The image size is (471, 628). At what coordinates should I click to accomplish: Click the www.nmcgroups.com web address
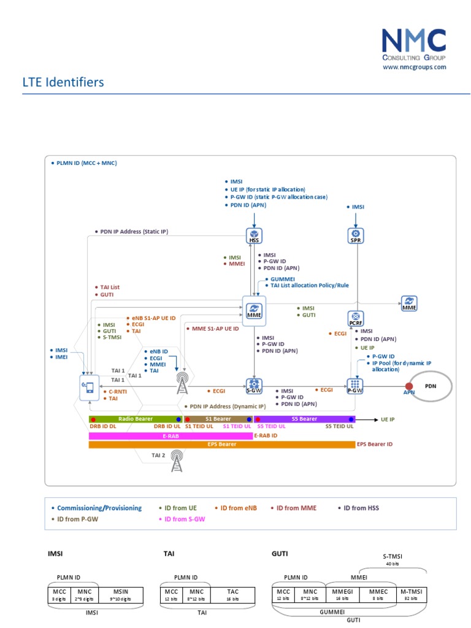[x=414, y=67]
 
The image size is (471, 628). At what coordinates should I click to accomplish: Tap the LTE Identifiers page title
[x=64, y=82]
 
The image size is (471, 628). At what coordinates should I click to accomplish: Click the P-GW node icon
[x=355, y=386]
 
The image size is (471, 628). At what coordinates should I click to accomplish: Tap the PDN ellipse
[x=431, y=386]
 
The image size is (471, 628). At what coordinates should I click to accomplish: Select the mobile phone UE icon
[x=89, y=387]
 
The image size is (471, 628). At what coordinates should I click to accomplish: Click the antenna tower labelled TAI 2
[x=177, y=461]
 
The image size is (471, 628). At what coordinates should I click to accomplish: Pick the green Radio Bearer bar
[x=135, y=419]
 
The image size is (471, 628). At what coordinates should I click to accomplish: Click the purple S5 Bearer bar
[x=304, y=419]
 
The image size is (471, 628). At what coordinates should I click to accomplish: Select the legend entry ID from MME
[x=296, y=508]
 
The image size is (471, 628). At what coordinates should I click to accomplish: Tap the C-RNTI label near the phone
[x=118, y=391]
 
